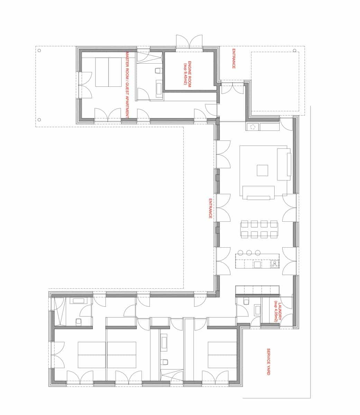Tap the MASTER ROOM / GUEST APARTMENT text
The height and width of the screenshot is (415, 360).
click(127, 85)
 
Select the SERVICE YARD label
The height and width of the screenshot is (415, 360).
click(268, 362)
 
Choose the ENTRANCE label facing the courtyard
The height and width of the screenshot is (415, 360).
click(210, 208)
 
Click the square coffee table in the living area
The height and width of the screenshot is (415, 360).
click(262, 170)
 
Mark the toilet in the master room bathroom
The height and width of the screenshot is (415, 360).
click(158, 71)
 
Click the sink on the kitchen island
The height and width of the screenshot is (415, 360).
click(257, 265)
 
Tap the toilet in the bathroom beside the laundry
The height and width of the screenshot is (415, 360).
click(246, 302)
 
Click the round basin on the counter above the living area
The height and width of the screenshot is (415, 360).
click(252, 127)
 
